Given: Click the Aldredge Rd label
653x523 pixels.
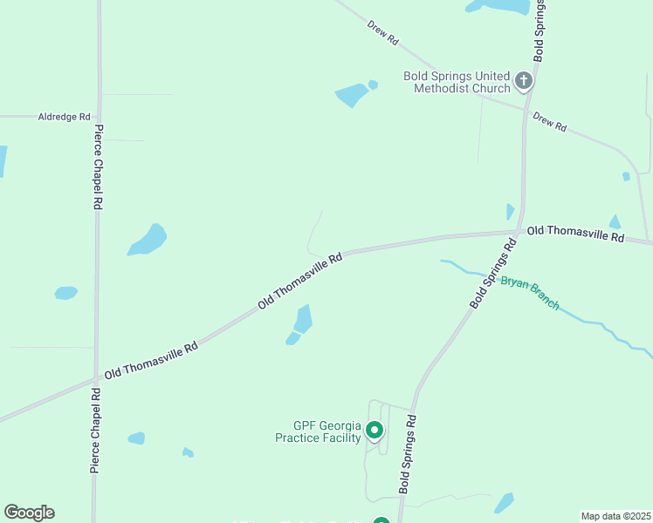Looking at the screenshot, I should click(x=64, y=116).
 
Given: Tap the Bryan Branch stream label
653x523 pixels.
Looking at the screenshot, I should click(x=530, y=293).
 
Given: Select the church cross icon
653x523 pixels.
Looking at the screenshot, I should click(x=524, y=82).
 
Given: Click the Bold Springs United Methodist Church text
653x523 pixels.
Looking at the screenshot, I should click(x=457, y=82).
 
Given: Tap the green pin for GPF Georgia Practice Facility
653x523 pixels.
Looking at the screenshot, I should click(x=375, y=429).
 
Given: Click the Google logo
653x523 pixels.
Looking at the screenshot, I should click(x=29, y=513).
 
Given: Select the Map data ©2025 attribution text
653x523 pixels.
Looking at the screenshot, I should click(x=615, y=516).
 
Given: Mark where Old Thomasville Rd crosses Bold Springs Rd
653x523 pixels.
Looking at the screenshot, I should click(x=520, y=232).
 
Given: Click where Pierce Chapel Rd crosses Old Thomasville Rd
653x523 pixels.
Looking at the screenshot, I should click(x=96, y=379).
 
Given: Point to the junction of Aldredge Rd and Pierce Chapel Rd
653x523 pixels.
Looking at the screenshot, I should click(x=98, y=116).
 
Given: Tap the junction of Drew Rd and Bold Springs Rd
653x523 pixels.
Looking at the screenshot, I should click(x=526, y=109).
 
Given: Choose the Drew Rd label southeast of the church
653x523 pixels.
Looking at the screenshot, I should click(x=550, y=122).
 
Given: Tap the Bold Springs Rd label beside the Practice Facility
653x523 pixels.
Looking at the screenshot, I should click(x=408, y=454).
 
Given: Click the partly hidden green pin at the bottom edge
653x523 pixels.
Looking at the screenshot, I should click(x=381, y=520).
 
